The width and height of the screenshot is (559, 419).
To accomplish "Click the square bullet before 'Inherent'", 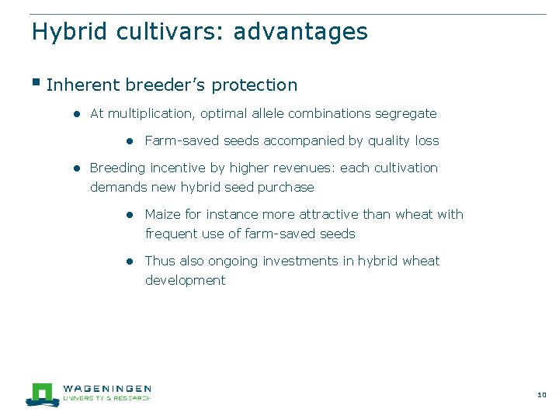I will [x=36, y=82].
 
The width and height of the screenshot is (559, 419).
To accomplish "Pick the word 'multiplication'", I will [x=152, y=113].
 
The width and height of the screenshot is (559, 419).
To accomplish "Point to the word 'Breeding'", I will [x=117, y=168].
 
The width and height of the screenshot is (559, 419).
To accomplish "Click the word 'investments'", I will [x=315, y=261].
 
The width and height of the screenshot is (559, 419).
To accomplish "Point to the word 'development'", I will [x=185, y=280].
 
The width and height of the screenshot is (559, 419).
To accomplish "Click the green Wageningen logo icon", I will [x=42, y=393].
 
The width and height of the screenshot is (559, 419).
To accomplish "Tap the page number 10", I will [x=541, y=396].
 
